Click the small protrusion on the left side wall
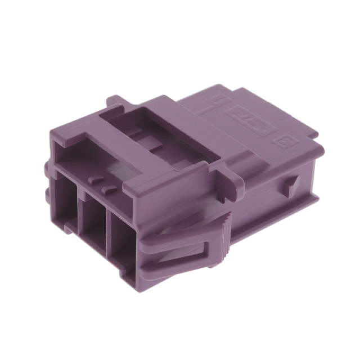[x=46, y=169]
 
